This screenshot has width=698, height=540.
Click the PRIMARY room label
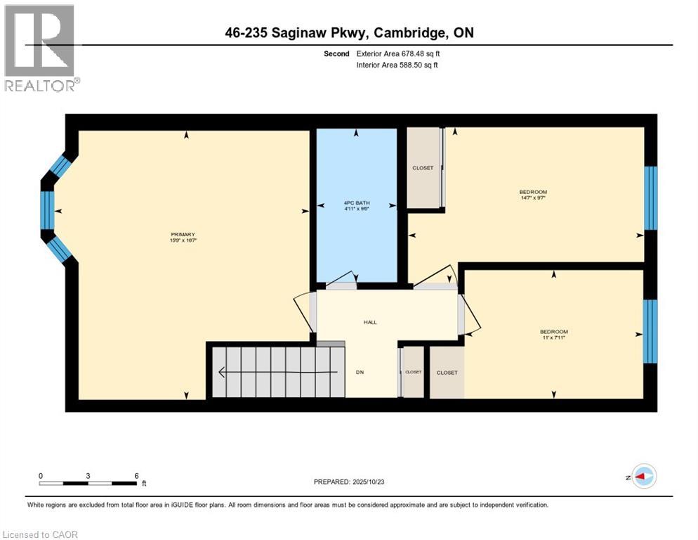tap(182, 234)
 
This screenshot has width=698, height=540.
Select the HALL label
tap(370, 322)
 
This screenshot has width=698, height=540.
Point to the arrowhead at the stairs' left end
tap(222, 373)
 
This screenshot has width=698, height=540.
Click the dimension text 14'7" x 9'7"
tap(533, 198)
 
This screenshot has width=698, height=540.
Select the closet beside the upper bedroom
tap(423, 168)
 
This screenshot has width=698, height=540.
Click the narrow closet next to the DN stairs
tap(413, 372)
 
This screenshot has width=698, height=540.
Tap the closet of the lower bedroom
tap(447, 373)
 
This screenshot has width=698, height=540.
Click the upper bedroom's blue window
tap(651, 198)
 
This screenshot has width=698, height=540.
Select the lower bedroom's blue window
tap(651, 331)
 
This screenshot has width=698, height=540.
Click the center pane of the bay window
tap(47, 210)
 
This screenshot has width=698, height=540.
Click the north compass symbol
tap(643, 477)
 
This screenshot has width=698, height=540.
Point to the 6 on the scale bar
tap(136, 475)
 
